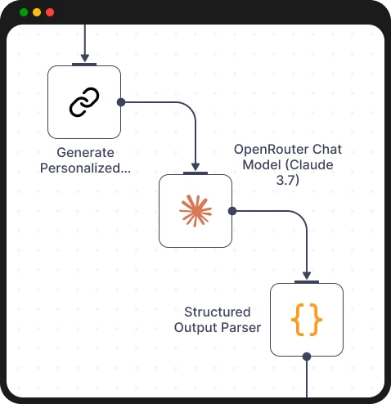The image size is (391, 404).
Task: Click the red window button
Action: pos(50,12)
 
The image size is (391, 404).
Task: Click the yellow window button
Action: pos(37,12)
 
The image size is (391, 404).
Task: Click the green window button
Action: pos(24,12)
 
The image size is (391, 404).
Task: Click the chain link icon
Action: pos(84,102)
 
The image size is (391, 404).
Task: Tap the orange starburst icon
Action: pos(195,211)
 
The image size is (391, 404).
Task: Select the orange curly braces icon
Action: pos(307,320)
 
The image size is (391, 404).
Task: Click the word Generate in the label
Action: pos(85,153)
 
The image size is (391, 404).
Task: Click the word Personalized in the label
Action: pos(85,169)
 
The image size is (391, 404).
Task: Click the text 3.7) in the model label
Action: pos(287,181)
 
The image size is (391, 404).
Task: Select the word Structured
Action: pos(217,312)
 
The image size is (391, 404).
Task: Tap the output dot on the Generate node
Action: pos(121,102)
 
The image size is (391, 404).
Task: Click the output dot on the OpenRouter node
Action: pos(232,211)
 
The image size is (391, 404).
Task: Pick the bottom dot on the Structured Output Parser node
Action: pos(307,357)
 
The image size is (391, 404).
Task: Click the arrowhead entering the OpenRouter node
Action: pos(195,167)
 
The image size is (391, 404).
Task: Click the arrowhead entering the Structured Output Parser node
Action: pos(307,276)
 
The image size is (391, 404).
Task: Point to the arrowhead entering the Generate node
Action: pos(84,58)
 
